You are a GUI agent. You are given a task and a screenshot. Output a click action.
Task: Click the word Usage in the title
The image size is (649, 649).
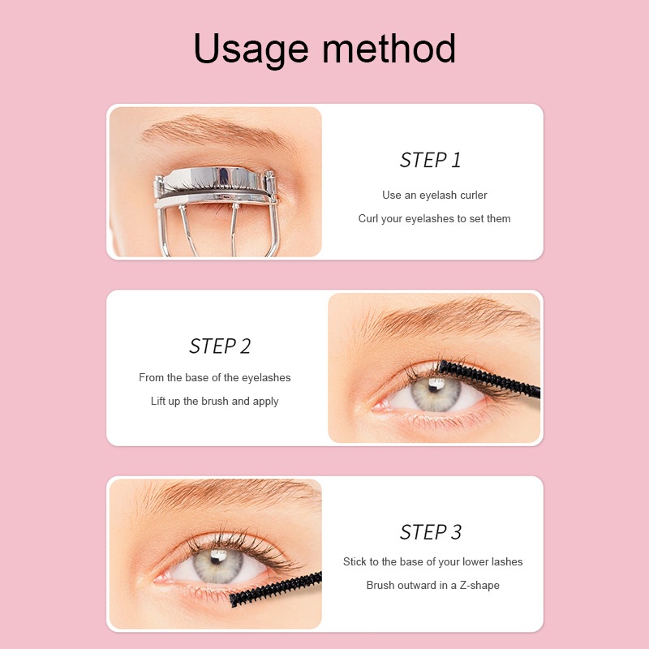(x=251, y=49)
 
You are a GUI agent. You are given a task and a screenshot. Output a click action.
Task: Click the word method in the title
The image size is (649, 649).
(x=389, y=48)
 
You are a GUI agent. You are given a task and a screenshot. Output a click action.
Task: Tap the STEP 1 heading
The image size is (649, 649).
(x=431, y=160)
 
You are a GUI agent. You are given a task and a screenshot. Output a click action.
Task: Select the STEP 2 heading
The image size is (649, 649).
(x=220, y=346)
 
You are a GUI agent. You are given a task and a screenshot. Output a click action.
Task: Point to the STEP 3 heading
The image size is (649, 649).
(x=431, y=532)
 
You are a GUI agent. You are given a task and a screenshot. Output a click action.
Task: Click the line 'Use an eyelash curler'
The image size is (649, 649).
(x=435, y=195)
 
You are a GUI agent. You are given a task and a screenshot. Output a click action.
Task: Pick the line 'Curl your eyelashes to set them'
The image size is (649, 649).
(x=435, y=218)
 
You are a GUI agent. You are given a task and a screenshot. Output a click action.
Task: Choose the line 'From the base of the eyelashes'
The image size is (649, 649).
(x=215, y=377)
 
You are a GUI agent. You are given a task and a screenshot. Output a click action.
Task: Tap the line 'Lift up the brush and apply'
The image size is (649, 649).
(x=215, y=401)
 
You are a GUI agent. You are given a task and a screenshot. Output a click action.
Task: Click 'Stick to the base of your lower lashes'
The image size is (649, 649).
(x=433, y=561)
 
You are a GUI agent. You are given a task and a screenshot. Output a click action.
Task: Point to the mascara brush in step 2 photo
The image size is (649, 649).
(x=489, y=378)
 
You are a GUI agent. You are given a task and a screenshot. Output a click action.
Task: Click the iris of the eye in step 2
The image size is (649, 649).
(x=436, y=393)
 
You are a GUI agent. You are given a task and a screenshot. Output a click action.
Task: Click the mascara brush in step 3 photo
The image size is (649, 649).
(x=276, y=589)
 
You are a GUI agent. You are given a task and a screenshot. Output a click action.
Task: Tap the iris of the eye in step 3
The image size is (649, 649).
(x=217, y=565)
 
